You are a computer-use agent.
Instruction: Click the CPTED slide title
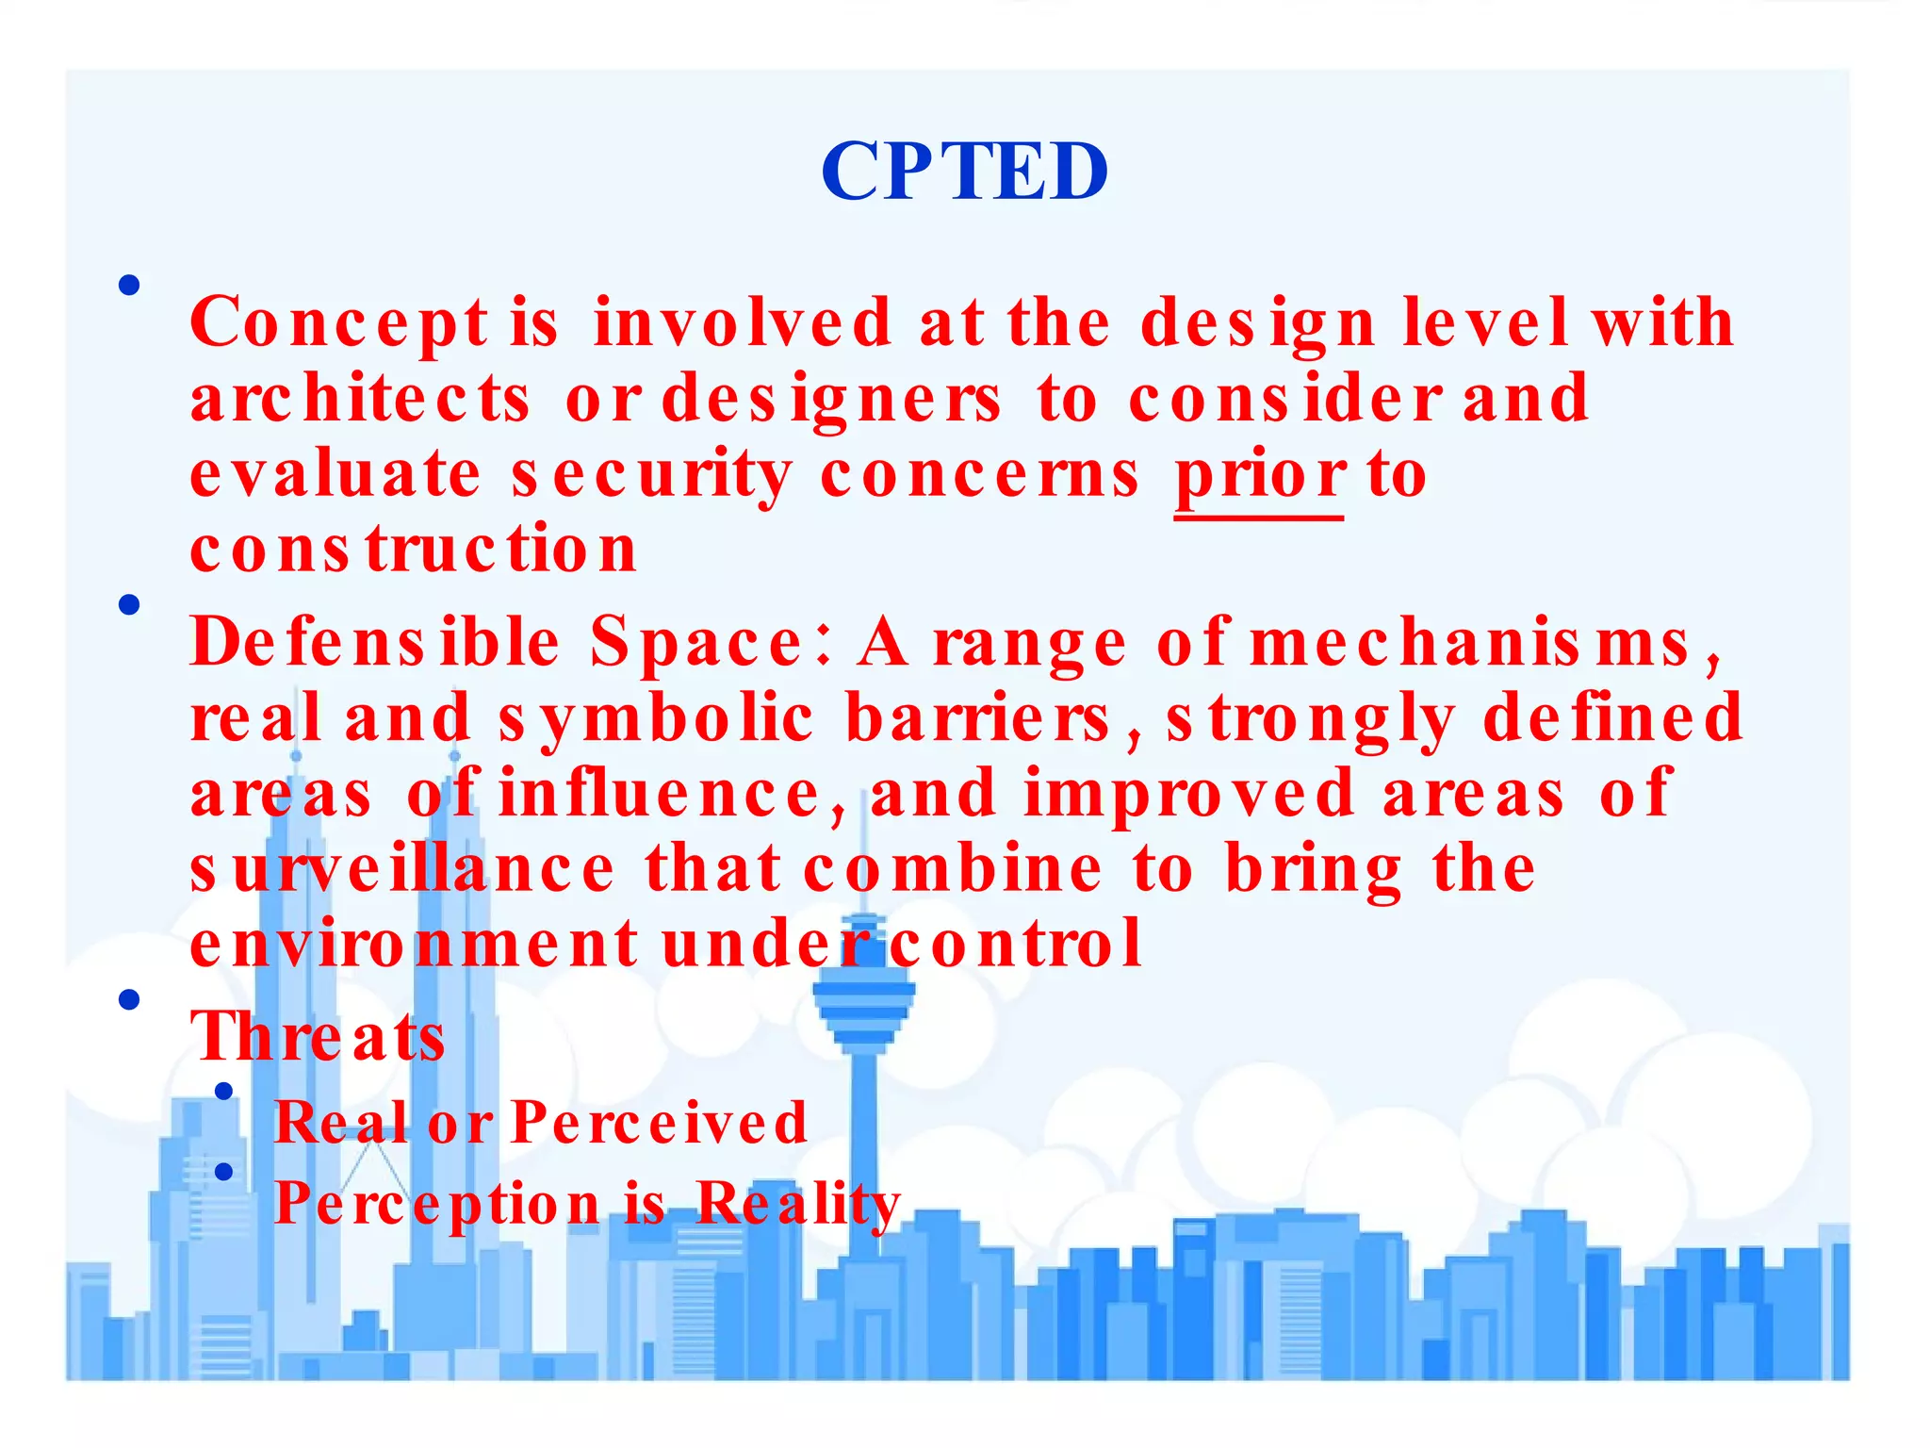(x=964, y=172)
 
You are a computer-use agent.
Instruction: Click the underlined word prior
(x=1260, y=475)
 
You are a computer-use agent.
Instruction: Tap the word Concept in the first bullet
(x=339, y=323)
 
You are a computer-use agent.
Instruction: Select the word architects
(x=360, y=399)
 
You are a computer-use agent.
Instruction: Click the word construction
(x=413, y=550)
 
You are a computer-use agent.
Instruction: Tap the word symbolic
(x=655, y=719)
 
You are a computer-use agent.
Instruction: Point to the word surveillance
(x=402, y=870)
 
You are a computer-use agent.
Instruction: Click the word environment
(x=413, y=945)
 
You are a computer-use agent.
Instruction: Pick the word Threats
(x=318, y=1037)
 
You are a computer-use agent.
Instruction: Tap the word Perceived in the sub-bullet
(x=659, y=1124)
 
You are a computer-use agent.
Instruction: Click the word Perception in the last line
(x=436, y=1205)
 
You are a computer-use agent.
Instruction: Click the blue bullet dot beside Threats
(x=130, y=999)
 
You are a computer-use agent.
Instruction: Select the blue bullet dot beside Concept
(x=130, y=285)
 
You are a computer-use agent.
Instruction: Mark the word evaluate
(x=335, y=475)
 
